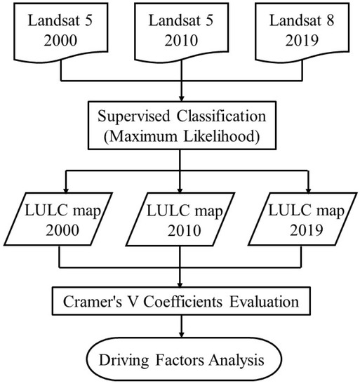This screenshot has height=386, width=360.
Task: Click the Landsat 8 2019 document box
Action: click(x=302, y=32)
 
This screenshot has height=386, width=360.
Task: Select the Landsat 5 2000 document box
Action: click(x=61, y=32)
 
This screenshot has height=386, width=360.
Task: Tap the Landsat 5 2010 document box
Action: click(x=182, y=32)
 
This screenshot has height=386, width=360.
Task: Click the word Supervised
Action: click(x=133, y=117)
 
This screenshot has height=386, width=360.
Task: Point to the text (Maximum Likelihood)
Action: click(x=182, y=136)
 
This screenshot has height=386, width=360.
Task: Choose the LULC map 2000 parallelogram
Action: click(x=58, y=219)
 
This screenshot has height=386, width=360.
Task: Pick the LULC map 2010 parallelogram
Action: click(x=180, y=219)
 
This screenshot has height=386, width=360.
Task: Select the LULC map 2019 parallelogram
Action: click(x=302, y=219)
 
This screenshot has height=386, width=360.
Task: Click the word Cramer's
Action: click(x=93, y=301)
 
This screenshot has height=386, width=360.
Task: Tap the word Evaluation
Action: click(x=265, y=301)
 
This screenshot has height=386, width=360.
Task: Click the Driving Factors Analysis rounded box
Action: click(x=184, y=359)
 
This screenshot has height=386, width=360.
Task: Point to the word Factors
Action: click(x=180, y=360)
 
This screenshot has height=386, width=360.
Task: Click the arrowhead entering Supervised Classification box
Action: click(x=182, y=98)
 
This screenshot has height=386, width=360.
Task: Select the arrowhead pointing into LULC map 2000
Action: click(x=66, y=189)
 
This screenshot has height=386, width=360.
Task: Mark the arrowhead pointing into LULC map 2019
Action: click(x=308, y=189)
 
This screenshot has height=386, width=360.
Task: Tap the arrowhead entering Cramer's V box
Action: click(x=180, y=284)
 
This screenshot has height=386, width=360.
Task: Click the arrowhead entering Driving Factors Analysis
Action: click(x=182, y=334)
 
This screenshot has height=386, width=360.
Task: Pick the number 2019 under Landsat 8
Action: click(x=302, y=41)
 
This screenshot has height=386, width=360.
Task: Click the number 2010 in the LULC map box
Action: click(x=185, y=230)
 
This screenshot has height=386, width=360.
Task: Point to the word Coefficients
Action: click(x=183, y=301)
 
